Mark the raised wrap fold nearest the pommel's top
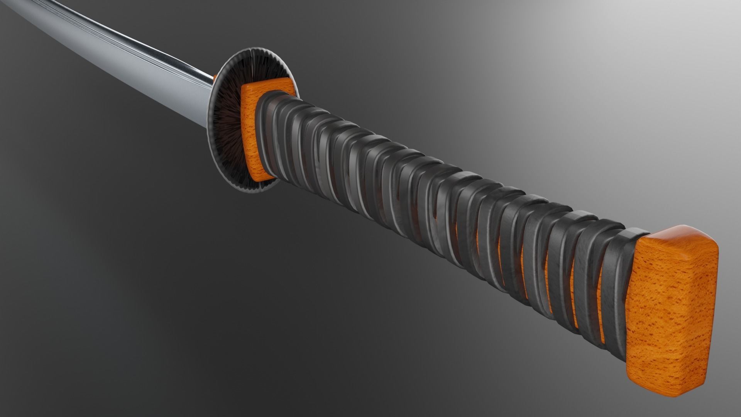click(x=633, y=233)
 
